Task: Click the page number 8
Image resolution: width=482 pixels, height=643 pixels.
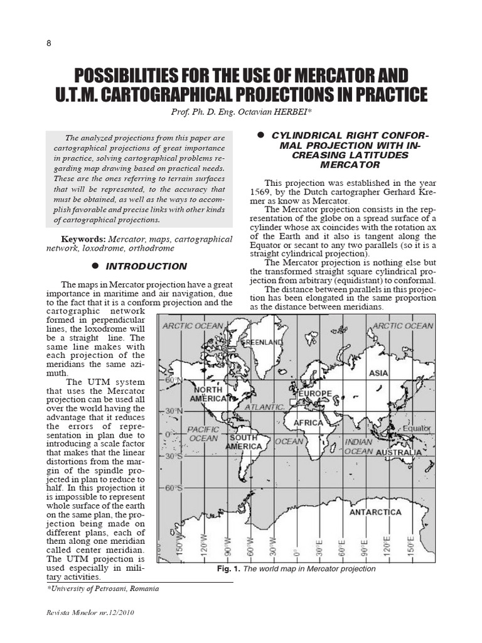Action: click(x=49, y=43)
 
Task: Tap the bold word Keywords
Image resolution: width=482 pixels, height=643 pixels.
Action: click(x=83, y=239)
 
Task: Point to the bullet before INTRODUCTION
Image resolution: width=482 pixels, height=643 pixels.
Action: click(x=96, y=266)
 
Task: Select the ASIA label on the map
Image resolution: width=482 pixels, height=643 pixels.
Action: click(x=378, y=373)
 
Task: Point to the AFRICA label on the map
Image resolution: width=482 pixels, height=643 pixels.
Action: click(x=308, y=423)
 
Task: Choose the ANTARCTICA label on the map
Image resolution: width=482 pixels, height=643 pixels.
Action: click(x=375, y=512)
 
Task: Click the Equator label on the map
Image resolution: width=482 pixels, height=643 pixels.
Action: click(x=417, y=428)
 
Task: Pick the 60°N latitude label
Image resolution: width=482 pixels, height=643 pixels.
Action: click(x=173, y=381)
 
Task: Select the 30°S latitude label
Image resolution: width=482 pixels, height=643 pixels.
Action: click(x=173, y=457)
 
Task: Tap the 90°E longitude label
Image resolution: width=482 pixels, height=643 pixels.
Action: click(x=364, y=546)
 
